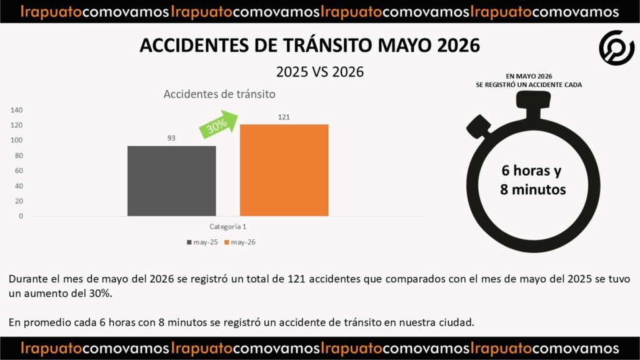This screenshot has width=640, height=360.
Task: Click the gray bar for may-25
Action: [x=171, y=181]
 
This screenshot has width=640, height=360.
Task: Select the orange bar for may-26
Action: [x=284, y=170]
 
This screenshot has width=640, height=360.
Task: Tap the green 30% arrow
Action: [x=218, y=124]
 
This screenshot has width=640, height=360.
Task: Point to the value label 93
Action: [x=171, y=138]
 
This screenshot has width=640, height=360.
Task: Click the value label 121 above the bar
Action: [x=284, y=117]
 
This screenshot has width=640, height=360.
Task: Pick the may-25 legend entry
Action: [x=202, y=242]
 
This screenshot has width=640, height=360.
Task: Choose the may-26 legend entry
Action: [x=240, y=242]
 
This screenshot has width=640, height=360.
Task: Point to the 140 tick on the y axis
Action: [x=17, y=110]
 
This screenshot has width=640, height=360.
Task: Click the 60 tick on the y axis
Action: [x=19, y=171]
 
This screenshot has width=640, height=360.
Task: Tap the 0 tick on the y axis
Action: [x=21, y=216]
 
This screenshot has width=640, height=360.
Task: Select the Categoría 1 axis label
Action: [x=227, y=226]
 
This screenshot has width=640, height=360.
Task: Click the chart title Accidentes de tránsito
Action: [x=219, y=94]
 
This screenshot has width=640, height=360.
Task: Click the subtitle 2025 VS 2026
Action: [x=320, y=72]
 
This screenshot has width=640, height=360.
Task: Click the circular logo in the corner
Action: [x=617, y=47]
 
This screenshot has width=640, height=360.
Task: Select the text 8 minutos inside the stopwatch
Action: [x=533, y=189]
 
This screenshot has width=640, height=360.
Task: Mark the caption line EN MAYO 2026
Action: [x=529, y=76]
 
